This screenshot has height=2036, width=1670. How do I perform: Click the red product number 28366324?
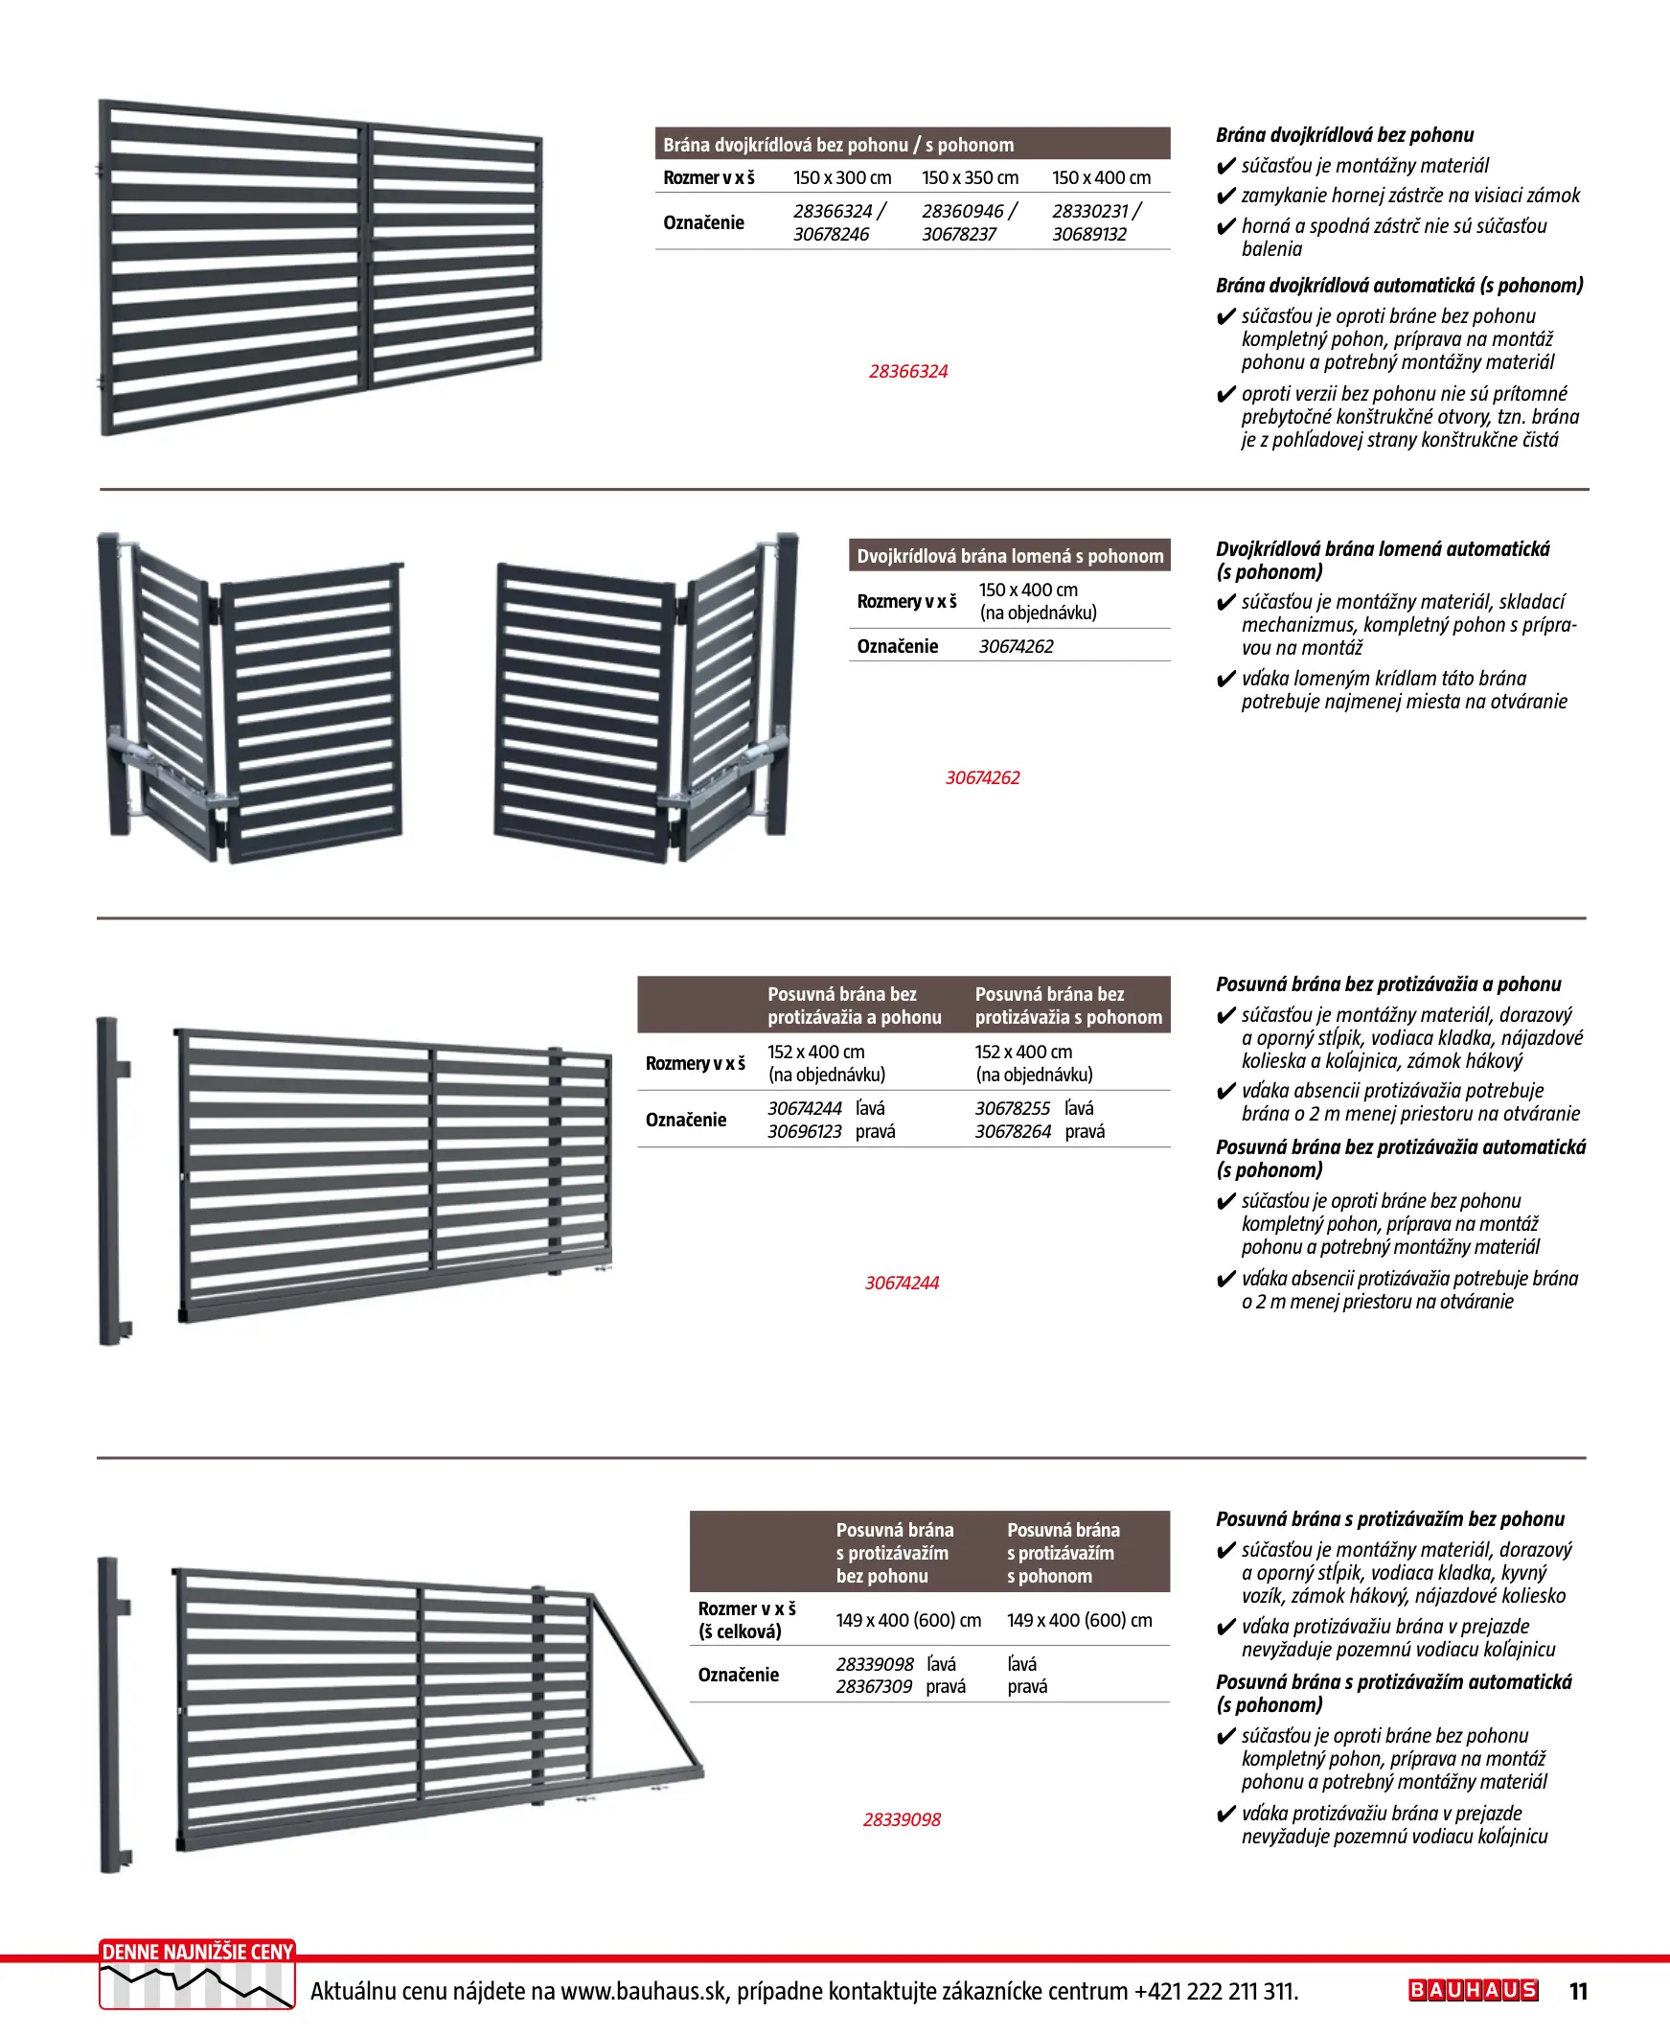pyautogui.click(x=908, y=371)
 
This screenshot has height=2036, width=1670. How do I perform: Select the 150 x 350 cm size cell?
pyautogui.click(x=970, y=178)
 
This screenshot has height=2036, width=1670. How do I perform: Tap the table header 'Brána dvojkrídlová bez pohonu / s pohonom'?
pyautogui.click(x=838, y=146)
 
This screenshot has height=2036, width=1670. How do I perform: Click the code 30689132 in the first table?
pyautogui.click(x=1089, y=234)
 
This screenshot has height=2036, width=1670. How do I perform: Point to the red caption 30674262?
pyautogui.click(x=982, y=777)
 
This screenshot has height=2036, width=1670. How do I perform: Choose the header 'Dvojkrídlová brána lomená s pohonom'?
pyautogui.click(x=1010, y=556)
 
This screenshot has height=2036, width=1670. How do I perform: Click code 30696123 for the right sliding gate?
pyautogui.click(x=804, y=1131)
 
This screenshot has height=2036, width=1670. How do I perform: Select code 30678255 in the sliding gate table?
pyautogui.click(x=1012, y=1108)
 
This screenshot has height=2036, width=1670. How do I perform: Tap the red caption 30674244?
pyautogui.click(x=902, y=1283)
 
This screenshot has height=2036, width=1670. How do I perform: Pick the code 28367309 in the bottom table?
pyautogui.click(x=874, y=1686)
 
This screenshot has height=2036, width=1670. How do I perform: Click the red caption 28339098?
pyautogui.click(x=902, y=1819)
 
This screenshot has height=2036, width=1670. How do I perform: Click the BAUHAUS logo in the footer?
pyautogui.click(x=1473, y=1990)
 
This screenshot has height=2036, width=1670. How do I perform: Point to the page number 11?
pyautogui.click(x=1579, y=1991)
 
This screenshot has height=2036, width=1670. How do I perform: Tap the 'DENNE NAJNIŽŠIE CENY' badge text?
pyautogui.click(x=197, y=1952)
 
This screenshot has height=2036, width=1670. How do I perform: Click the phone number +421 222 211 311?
pyautogui.click(x=1216, y=1991)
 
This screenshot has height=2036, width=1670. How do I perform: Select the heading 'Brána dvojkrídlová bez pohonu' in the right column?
pyautogui.click(x=1344, y=136)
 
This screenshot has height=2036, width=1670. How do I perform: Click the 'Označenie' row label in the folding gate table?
pyautogui.click(x=897, y=646)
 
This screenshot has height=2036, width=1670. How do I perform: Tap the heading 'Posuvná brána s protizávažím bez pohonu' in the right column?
pyautogui.click(x=1390, y=1519)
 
